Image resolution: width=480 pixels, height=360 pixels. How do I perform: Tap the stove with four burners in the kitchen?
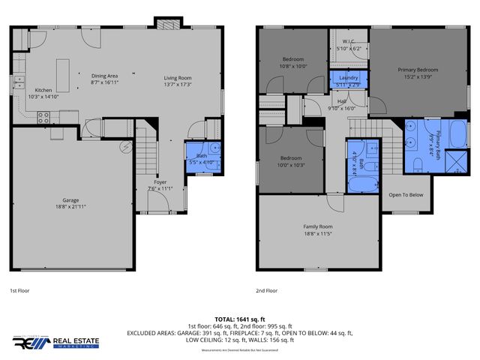click(x=43, y=117)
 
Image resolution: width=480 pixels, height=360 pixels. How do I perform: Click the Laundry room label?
click(x=348, y=79)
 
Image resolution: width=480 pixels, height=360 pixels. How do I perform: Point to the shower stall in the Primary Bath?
click(x=453, y=161)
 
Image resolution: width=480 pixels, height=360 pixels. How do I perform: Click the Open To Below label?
click(x=405, y=194)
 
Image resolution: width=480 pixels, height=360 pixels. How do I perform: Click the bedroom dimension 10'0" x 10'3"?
click(x=292, y=165)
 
